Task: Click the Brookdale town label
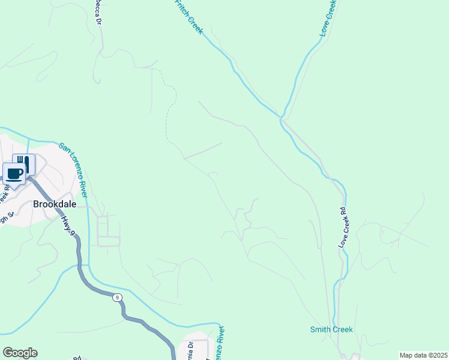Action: [x=55, y=204]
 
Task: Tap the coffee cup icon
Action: [x=14, y=174]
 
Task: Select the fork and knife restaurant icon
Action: [x=23, y=163]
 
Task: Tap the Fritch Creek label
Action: [x=188, y=17]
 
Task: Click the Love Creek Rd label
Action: [x=343, y=227]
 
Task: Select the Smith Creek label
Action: [x=331, y=329]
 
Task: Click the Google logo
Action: [x=20, y=353]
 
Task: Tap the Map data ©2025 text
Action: [x=423, y=355]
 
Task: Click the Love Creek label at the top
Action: [x=328, y=18]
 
